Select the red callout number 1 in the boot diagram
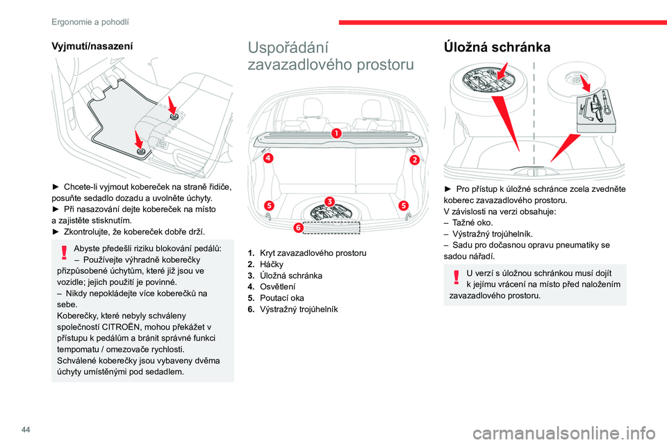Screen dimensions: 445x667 [x=336, y=133]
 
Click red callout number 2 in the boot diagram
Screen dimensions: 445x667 [x=415, y=160]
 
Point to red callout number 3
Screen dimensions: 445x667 [x=329, y=201]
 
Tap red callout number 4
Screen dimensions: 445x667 [x=267, y=158]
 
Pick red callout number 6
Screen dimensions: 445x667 [x=298, y=227]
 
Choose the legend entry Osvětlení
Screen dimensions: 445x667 [x=279, y=286]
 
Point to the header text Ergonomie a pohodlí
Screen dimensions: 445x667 [x=90, y=22]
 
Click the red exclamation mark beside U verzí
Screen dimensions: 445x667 [x=456, y=277]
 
